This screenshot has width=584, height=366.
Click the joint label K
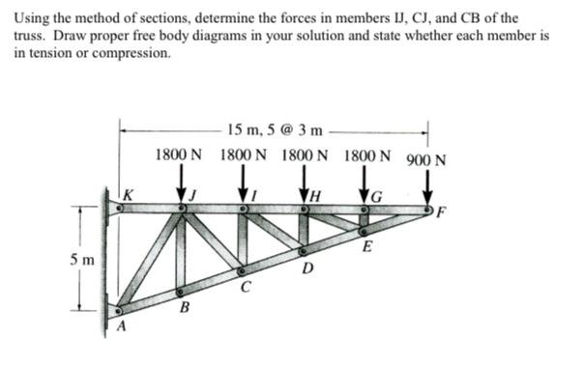pyautogui.click(x=128, y=195)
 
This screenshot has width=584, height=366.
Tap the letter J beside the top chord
pyautogui.click(x=192, y=196)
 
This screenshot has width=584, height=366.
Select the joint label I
pyautogui.click(x=253, y=196)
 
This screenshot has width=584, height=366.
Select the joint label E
pyautogui.click(x=367, y=247)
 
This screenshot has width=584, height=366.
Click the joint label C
pyautogui.click(x=247, y=287)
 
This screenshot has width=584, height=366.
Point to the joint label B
pyautogui.click(x=184, y=308)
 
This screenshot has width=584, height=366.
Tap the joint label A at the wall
pyautogui.click(x=122, y=327)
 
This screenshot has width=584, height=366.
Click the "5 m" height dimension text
pyautogui.click(x=82, y=259)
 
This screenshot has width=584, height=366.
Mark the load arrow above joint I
pyautogui.click(x=242, y=182)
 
